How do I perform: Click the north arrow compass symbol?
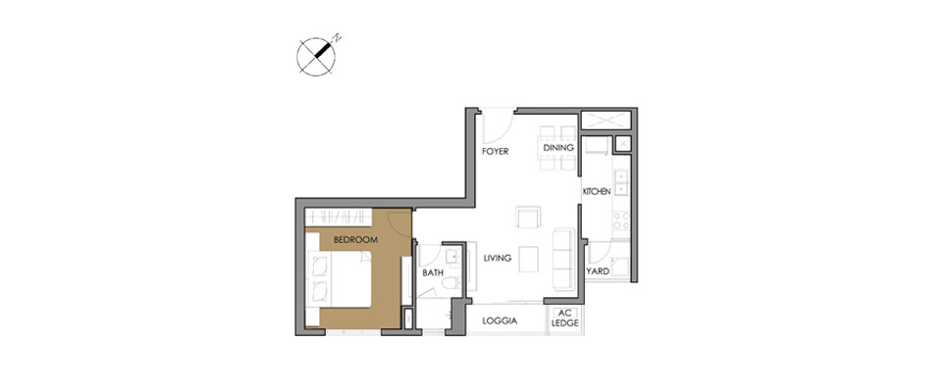click(315, 56)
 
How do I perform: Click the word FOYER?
click(493, 153)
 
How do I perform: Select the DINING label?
click(557, 148)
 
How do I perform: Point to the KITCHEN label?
click(597, 191)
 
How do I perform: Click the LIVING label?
click(499, 259)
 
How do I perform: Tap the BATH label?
click(433, 273)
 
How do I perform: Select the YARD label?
click(597, 271)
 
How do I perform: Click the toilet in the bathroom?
click(450, 282)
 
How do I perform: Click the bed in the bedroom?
click(339, 278)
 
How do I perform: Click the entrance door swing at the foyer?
click(496, 123)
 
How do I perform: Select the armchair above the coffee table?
click(528, 217)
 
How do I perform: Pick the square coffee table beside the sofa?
click(528, 257)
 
